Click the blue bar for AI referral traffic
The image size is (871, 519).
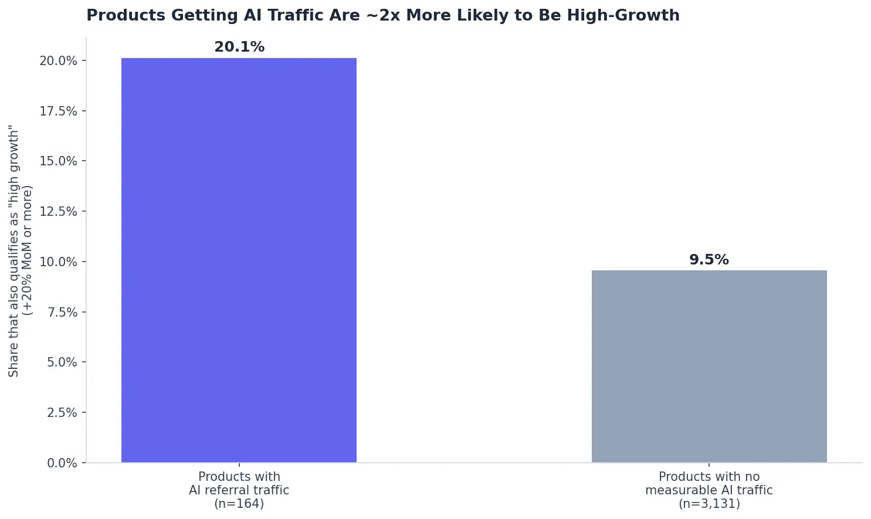click(239, 260)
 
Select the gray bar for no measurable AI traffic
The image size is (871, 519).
click(709, 366)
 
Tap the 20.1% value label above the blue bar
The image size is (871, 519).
click(239, 47)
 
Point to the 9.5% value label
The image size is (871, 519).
click(709, 260)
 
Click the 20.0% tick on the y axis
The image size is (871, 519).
click(58, 61)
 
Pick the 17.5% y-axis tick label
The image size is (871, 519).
click(58, 111)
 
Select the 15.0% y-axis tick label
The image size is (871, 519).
click(58, 161)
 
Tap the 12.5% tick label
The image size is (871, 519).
click(58, 212)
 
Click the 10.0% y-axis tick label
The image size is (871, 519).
click(58, 262)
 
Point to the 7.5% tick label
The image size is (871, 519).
click(62, 312)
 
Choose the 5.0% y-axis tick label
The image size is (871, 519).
click(62, 362)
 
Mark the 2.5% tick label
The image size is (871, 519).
click(62, 412)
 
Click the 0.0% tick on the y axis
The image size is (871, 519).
click(62, 463)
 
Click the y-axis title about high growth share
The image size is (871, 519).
click(21, 251)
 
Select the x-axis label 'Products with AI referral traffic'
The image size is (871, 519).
click(239, 483)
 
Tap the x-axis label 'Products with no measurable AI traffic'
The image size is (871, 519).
click(709, 483)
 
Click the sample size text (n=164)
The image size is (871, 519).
click(239, 504)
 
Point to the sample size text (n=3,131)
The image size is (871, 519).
click(709, 504)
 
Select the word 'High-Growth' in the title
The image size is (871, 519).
click(623, 16)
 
